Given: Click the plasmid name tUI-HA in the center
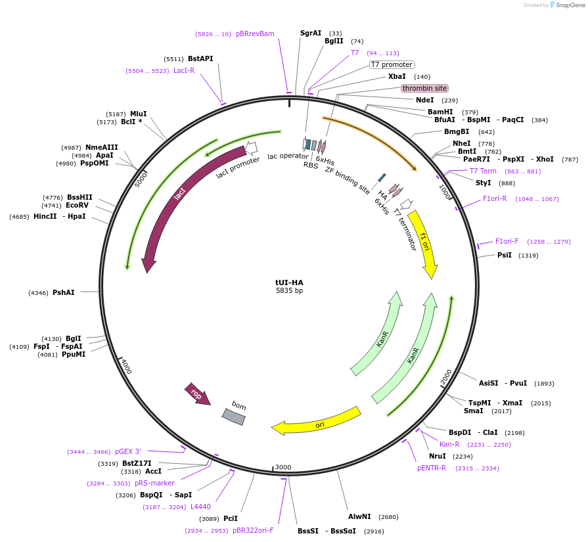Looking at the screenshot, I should (x=289, y=282).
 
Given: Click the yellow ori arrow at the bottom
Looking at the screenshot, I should (x=319, y=422).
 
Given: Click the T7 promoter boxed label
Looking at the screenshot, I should (x=392, y=64).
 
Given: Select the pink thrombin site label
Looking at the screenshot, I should (x=424, y=88).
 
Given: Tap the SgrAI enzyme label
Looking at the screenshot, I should (x=311, y=33).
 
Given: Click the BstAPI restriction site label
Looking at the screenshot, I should (x=200, y=58).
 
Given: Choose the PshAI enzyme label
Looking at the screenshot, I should (x=64, y=292).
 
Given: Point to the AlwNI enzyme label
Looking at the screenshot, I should (x=359, y=516).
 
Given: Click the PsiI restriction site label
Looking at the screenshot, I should (x=505, y=255).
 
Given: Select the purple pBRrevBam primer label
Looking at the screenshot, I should (x=255, y=34).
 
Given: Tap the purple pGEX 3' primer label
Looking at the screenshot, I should (x=128, y=451).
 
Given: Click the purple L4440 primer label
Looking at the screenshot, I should (x=200, y=507).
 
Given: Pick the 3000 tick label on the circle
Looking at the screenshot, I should (x=283, y=467).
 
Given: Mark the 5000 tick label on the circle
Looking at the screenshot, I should (x=141, y=179).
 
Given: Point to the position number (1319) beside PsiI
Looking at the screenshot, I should (x=528, y=255).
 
